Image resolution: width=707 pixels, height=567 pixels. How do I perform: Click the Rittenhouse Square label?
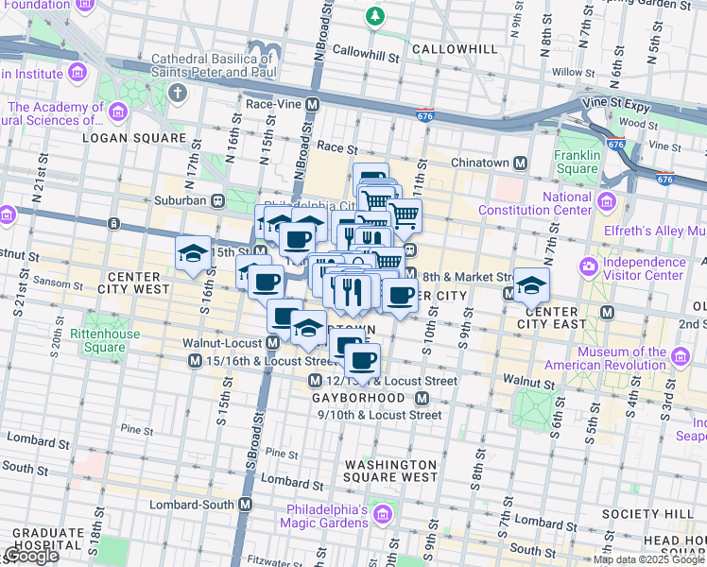click(x=104, y=340)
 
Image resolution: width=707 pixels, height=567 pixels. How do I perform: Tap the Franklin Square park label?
click(x=578, y=163)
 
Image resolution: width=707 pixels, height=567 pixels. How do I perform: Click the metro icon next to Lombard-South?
click(x=246, y=504)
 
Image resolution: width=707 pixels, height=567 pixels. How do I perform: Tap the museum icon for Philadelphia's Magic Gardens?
click(x=382, y=515)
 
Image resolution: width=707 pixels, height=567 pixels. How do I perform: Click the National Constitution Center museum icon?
click(x=606, y=201)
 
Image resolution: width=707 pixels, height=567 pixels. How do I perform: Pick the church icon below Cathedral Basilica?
click(x=177, y=93)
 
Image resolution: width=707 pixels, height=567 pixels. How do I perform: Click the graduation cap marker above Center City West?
click(x=193, y=252)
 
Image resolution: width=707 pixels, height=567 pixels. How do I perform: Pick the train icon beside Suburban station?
click(x=217, y=200)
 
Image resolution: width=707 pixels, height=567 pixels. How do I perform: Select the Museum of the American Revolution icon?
click(x=681, y=356)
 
